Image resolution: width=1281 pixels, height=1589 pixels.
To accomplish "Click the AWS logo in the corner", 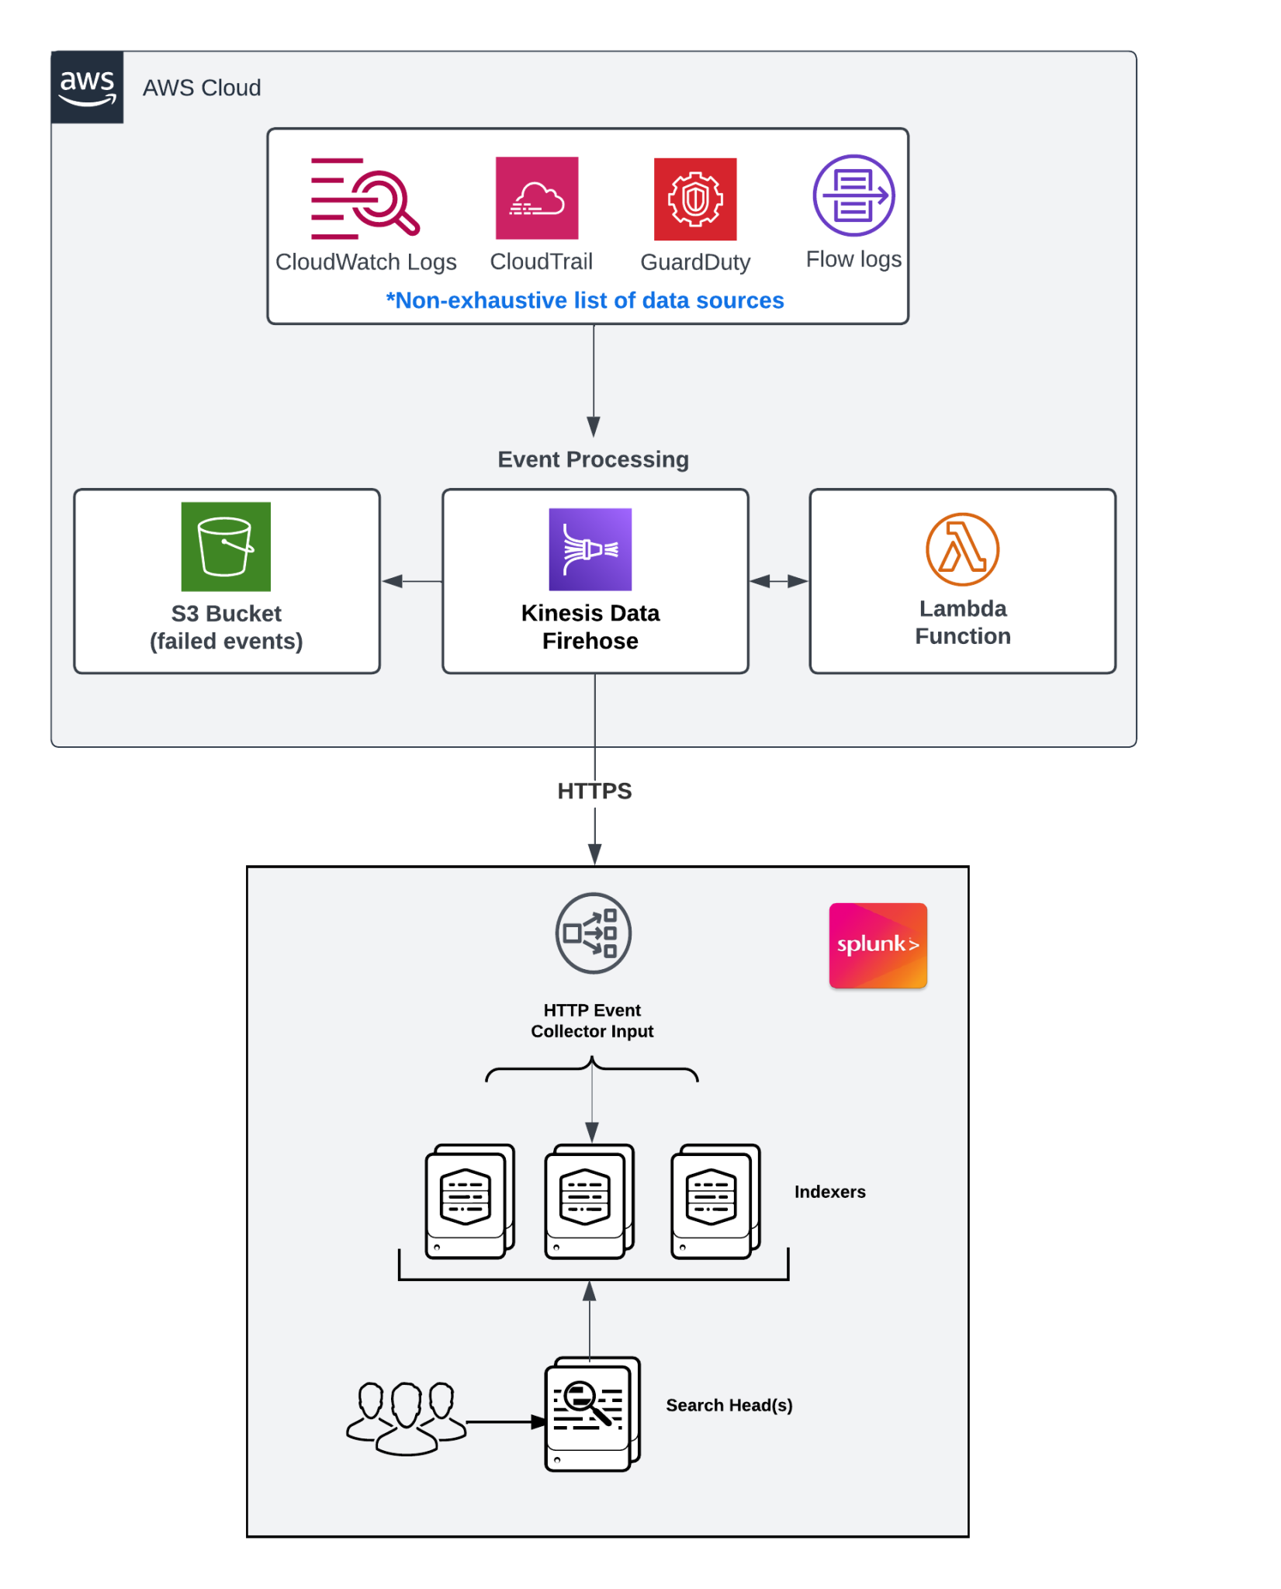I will tap(87, 87).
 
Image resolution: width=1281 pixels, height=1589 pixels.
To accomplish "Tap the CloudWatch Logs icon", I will tap(365, 199).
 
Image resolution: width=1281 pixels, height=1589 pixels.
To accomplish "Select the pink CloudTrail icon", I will tap(537, 199).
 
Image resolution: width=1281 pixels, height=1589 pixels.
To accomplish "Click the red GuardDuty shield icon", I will tap(695, 199).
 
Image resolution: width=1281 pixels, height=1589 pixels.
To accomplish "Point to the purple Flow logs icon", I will tap(853, 196).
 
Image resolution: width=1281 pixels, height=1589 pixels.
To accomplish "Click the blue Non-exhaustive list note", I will tap(585, 300).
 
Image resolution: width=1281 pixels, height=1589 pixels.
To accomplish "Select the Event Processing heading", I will tap(593, 459).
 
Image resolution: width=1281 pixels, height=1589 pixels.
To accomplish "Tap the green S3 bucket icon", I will tap(226, 547).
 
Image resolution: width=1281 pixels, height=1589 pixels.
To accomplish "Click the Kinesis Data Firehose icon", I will tap(590, 549).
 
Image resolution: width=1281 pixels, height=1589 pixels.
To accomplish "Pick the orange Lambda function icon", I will tap(962, 549).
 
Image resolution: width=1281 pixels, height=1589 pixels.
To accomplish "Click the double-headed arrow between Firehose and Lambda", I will tap(779, 581).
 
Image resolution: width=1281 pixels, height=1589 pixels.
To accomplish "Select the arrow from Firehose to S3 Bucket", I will tap(411, 581).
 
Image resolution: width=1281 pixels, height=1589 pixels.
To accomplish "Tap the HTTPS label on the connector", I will tap(594, 791).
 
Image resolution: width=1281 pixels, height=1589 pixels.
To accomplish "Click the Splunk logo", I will tap(878, 945).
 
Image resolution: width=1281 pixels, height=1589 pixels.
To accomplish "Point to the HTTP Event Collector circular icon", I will tap(593, 933).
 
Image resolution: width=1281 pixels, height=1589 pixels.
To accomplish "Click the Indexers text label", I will tap(829, 1192).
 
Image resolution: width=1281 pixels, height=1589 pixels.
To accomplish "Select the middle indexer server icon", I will tap(588, 1201).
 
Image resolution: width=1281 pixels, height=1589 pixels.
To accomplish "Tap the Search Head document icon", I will tap(592, 1414).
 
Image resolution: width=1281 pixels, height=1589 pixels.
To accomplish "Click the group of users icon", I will tap(405, 1417).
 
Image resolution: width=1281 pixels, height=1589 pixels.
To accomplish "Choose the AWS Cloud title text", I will tap(202, 88).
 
